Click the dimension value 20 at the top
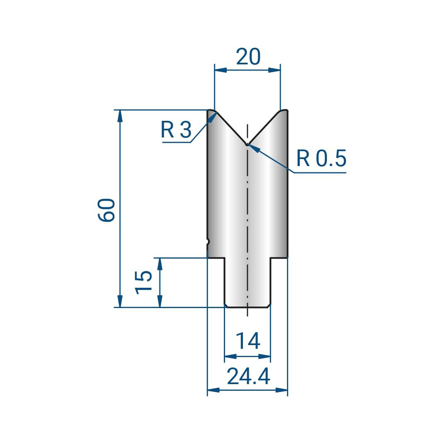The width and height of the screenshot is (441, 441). tap(248, 56)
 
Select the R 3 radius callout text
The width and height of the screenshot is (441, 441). tap(176, 130)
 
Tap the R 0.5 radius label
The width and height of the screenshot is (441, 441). tap(321, 158)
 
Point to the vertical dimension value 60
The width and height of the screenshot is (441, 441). tap(107, 210)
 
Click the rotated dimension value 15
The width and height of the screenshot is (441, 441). tap(144, 282)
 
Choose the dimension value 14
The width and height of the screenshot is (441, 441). tap(247, 341)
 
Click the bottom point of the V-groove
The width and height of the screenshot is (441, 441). tap(247, 145)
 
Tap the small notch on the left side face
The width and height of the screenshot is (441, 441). tap(208, 241)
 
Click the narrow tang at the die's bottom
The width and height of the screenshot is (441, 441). tap(247, 282)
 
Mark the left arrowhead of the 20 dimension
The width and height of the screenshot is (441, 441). tap(220, 70)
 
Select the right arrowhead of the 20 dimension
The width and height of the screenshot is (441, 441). tap(274, 70)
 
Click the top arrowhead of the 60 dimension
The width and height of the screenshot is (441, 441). tap(120, 115)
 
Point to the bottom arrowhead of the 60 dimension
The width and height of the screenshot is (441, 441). tap(120, 301)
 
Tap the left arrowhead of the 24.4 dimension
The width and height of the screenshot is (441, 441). tap(213, 390)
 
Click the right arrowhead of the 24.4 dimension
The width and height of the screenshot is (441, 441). tap(282, 390)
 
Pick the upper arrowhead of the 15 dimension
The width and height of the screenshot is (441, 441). tap(160, 264)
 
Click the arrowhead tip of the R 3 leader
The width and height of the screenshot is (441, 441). tap(216, 113)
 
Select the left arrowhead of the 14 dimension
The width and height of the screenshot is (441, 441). tap(230, 356)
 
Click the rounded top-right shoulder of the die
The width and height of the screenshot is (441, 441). tap(284, 111)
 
